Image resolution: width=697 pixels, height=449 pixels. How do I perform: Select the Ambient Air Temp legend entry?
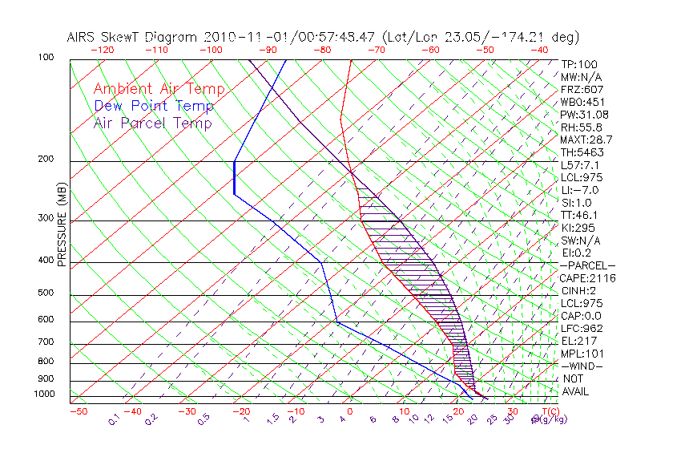point(159,90)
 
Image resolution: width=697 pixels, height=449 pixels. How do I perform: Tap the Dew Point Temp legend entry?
point(153,107)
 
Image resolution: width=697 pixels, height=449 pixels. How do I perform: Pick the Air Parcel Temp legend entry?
point(152,123)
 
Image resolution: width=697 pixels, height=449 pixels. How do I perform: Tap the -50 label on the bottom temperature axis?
point(78,411)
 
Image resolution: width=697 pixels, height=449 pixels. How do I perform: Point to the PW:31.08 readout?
point(584,115)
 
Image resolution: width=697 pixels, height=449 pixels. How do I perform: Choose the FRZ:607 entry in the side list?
point(582,90)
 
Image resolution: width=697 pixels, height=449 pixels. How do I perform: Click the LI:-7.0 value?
point(579,190)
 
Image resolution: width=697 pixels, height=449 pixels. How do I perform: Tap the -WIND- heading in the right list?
point(582,366)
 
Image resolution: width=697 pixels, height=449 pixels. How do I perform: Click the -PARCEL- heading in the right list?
point(587,265)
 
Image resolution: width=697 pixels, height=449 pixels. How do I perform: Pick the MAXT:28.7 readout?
point(586,140)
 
